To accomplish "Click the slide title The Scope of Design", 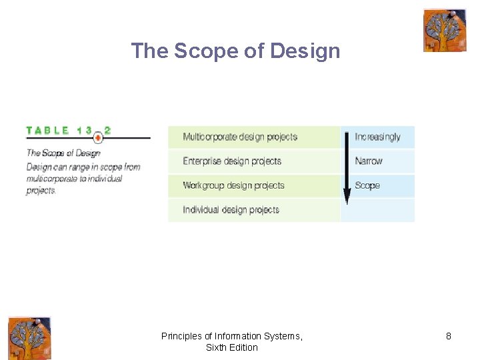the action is (x=235, y=51).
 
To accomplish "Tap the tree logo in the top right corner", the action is (x=445, y=30).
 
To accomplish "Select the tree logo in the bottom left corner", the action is (x=29, y=339).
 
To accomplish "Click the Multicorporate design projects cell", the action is (x=240, y=137).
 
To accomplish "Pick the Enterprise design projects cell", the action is (x=232, y=161).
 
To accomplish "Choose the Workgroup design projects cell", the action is (x=233, y=185).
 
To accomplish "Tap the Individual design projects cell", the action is (x=231, y=210).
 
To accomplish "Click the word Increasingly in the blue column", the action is (x=377, y=137).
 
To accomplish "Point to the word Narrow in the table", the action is (x=369, y=161).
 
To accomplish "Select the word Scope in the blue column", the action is (x=367, y=185).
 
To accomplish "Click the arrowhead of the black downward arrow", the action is (x=347, y=197).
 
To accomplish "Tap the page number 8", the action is (x=449, y=337).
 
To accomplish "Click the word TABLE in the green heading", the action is (x=47, y=131).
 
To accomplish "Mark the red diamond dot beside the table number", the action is (x=98, y=138).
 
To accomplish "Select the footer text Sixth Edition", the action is (x=232, y=347).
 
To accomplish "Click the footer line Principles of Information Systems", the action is (x=232, y=337).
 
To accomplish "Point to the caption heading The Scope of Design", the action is (x=63, y=153).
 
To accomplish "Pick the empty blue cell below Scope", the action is (x=377, y=210).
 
